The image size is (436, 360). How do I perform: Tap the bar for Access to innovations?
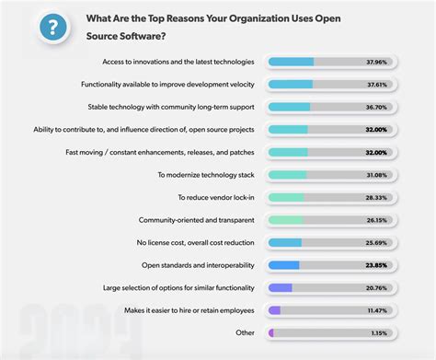[x=291, y=62]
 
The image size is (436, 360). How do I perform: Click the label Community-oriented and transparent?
[x=197, y=220]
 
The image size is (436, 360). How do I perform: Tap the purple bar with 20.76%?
[x=280, y=287]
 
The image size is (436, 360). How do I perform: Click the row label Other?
[x=245, y=332]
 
